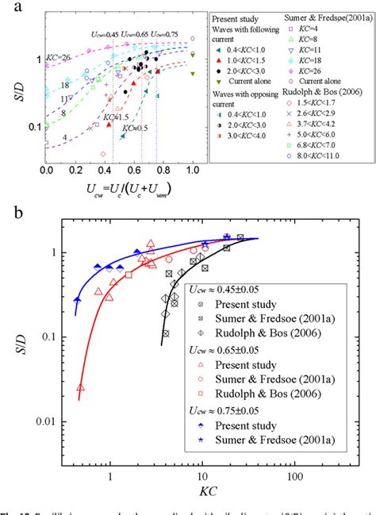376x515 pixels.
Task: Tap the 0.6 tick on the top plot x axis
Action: pyautogui.click(x=134, y=170)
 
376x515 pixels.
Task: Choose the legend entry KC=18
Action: pyautogui.click(x=324, y=70)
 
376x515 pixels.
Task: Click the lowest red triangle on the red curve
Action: pyautogui.click(x=80, y=387)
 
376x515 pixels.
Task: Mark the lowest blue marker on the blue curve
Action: pyautogui.click(x=77, y=300)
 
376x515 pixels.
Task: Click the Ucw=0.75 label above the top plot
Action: pyautogui.click(x=157, y=34)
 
